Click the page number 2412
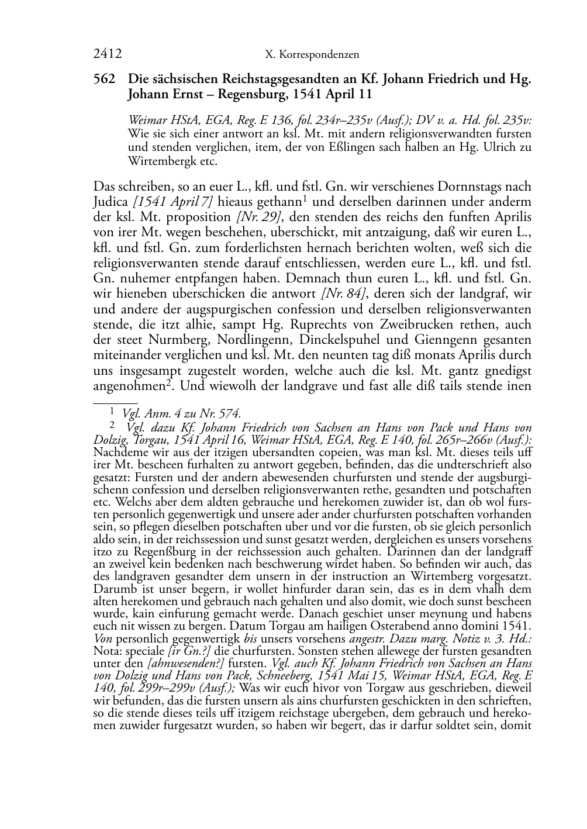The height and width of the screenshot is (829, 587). pyautogui.click(x=107, y=54)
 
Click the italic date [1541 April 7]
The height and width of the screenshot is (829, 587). pyautogui.click(x=172, y=202)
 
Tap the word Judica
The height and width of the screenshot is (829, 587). pyautogui.click(x=111, y=202)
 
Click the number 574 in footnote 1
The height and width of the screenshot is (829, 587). pyautogui.click(x=228, y=414)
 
